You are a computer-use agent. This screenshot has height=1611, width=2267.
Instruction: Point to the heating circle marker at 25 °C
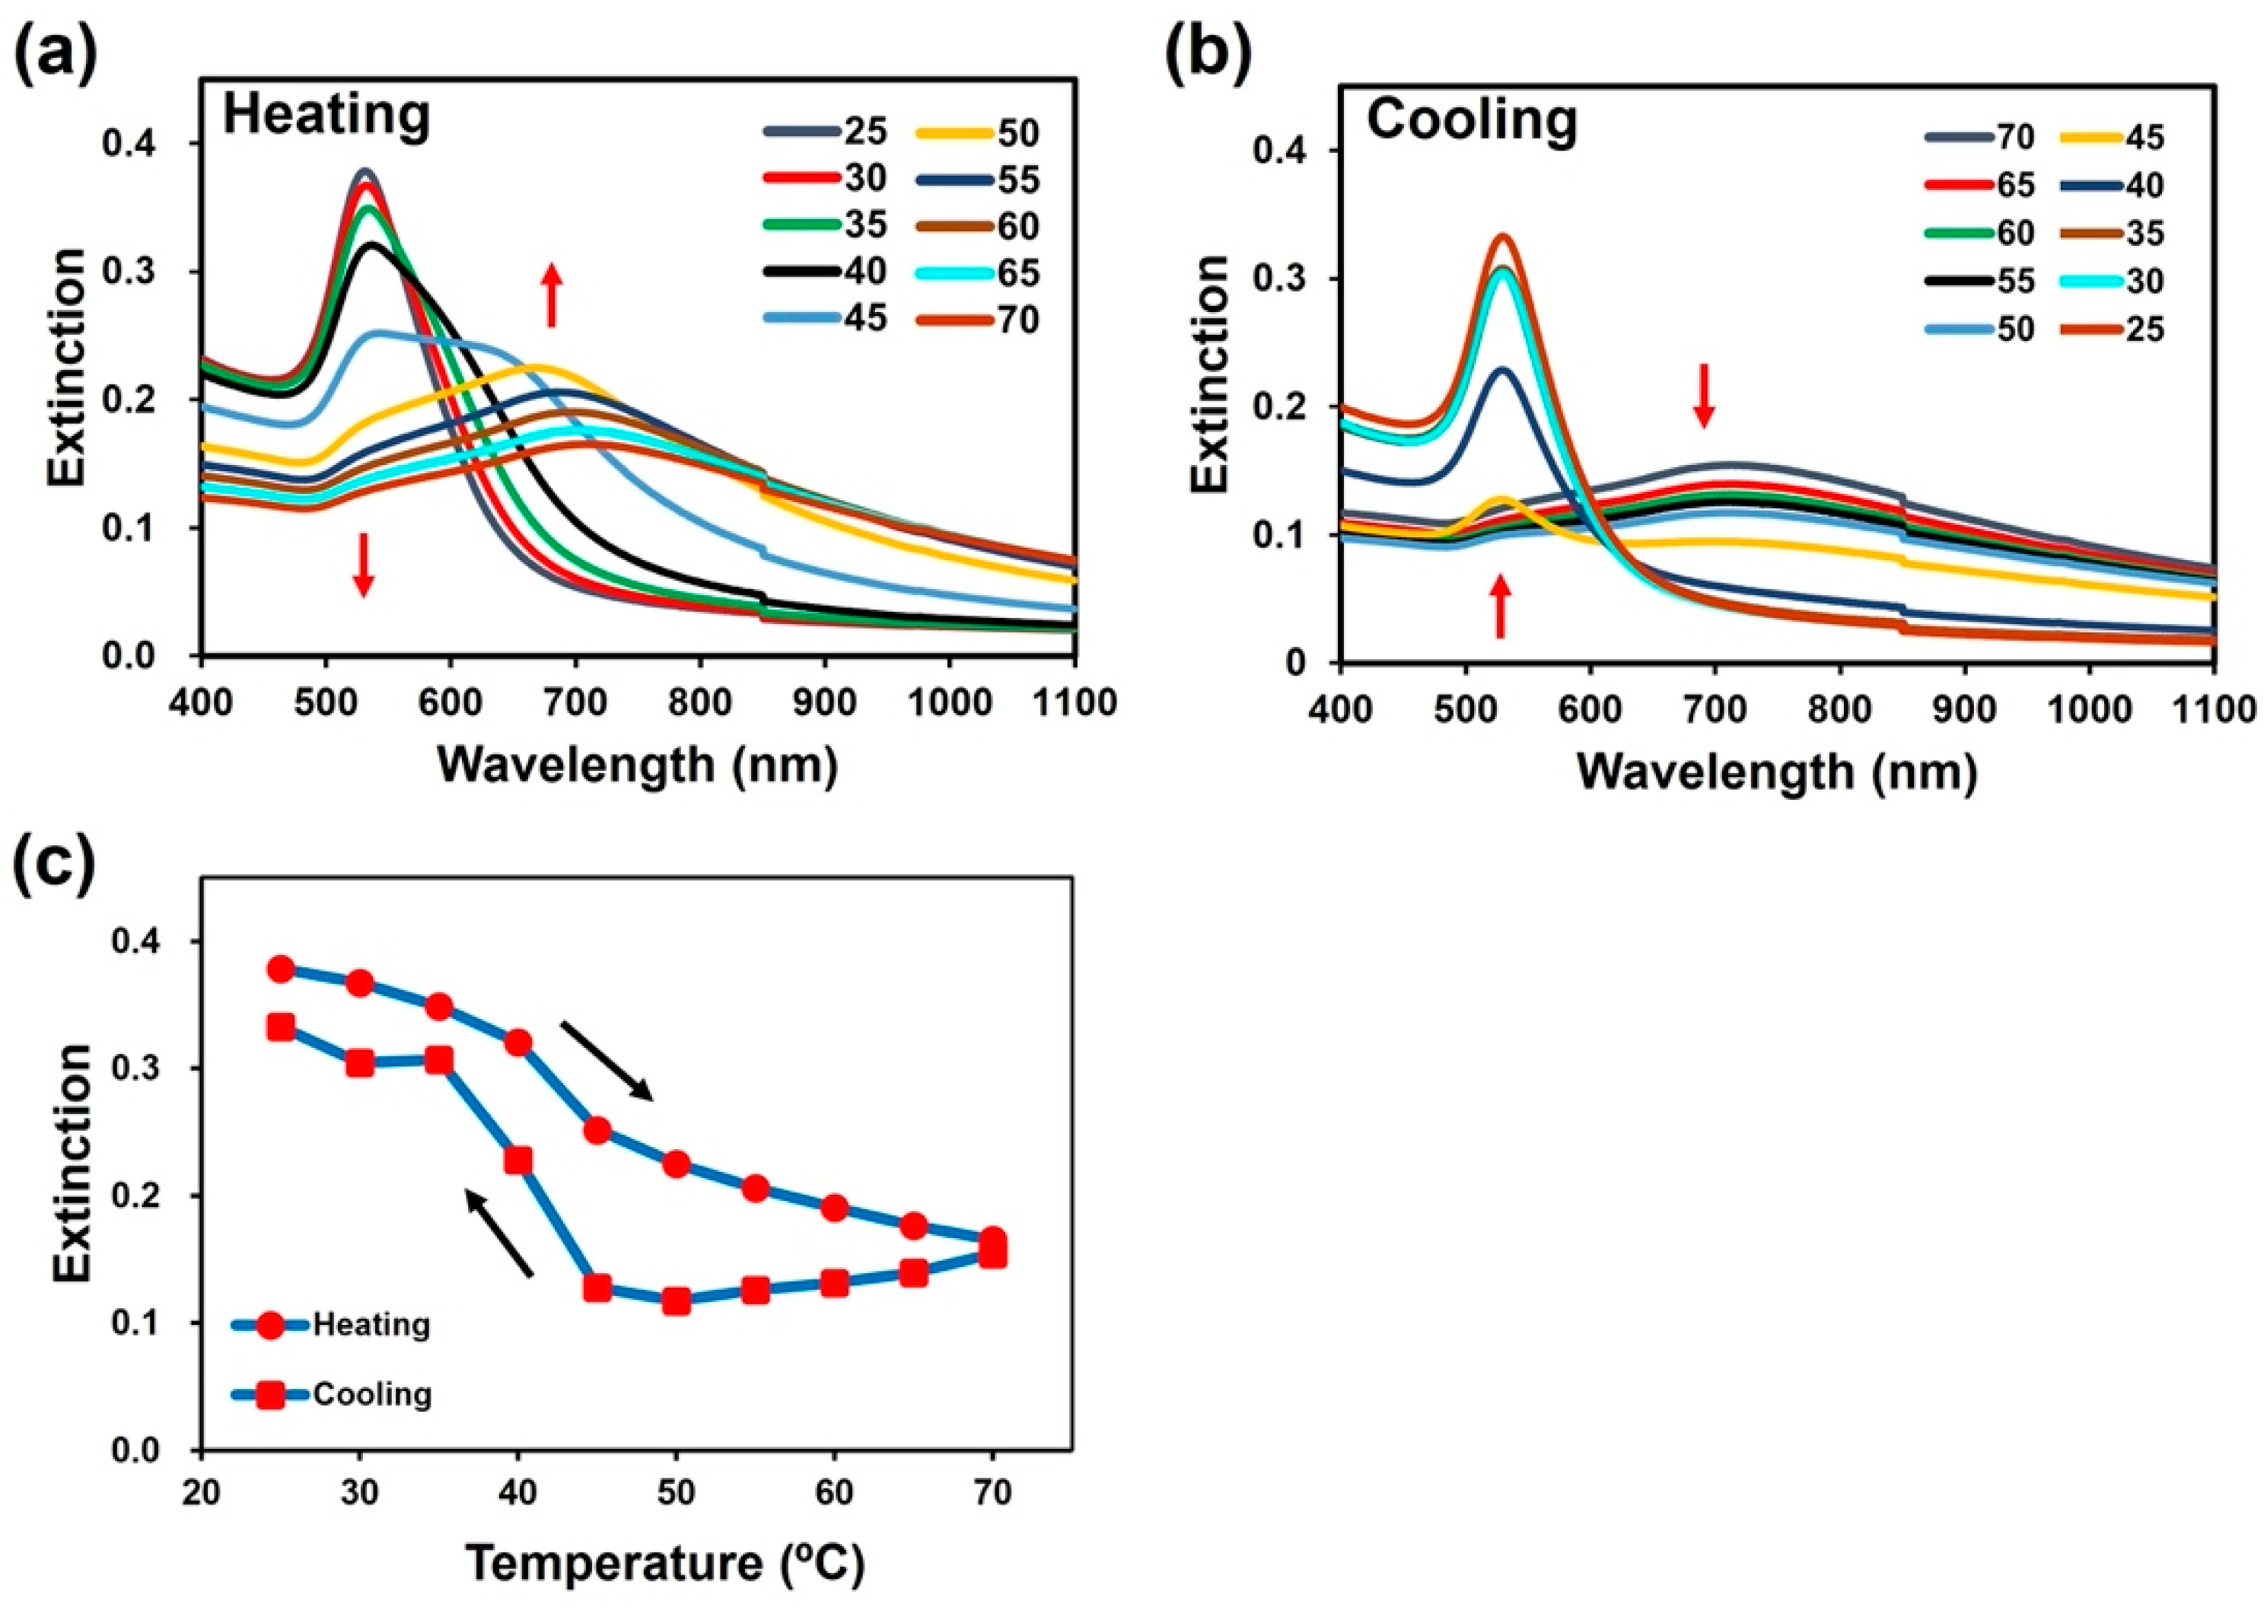pyautogui.click(x=281, y=969)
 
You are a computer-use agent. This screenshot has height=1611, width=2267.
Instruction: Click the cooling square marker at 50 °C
pyautogui.click(x=677, y=1301)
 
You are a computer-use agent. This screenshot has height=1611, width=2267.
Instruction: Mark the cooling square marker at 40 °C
pyautogui.click(x=518, y=1160)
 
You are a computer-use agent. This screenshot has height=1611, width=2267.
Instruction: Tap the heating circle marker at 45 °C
pyautogui.click(x=597, y=1131)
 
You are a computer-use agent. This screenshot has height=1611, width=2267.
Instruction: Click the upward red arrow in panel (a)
pyautogui.click(x=552, y=295)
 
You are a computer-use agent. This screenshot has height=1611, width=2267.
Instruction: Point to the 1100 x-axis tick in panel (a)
pyautogui.click(x=1075, y=702)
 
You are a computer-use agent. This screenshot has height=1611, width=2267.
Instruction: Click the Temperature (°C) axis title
pyautogui.click(x=664, y=1563)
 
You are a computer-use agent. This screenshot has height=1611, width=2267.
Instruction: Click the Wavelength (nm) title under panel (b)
pyautogui.click(x=1776, y=771)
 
